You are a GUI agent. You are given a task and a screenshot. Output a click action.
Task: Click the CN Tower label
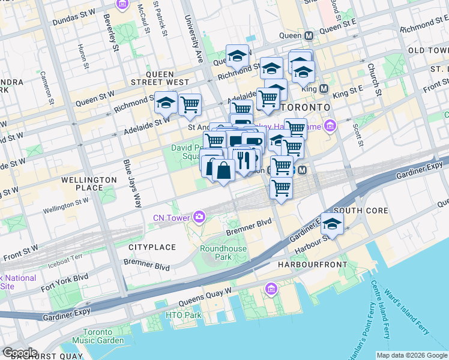[x=171, y=217]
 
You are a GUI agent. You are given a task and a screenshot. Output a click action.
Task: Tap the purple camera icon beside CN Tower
[x=197, y=217]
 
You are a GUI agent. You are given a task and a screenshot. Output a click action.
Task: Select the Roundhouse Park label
[x=215, y=253]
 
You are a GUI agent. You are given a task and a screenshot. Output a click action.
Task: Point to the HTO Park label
[x=184, y=315]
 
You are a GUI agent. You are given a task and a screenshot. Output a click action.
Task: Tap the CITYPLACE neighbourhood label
[x=152, y=247]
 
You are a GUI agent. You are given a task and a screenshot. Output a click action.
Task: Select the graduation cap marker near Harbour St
[x=332, y=224]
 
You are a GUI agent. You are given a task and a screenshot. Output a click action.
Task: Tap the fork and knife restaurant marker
[x=243, y=160]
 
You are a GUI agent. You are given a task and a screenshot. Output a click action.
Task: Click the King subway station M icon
[x=324, y=88]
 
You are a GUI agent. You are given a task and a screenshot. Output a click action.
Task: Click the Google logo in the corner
[x=19, y=353]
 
